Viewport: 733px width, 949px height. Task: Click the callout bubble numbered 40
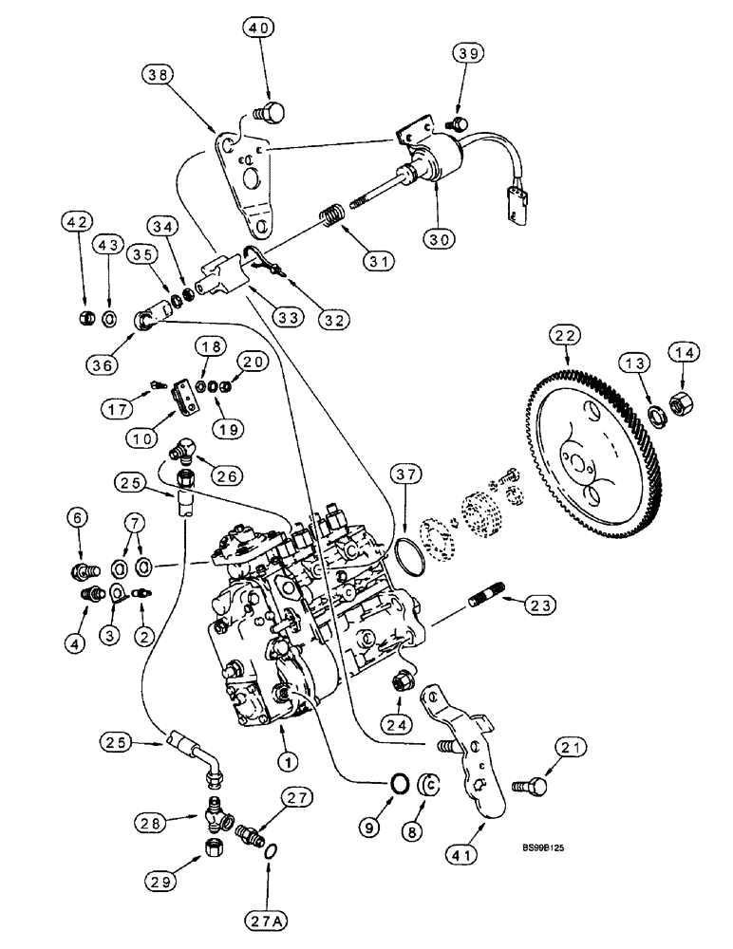tap(259, 28)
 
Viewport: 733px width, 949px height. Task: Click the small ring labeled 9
tap(402, 784)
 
